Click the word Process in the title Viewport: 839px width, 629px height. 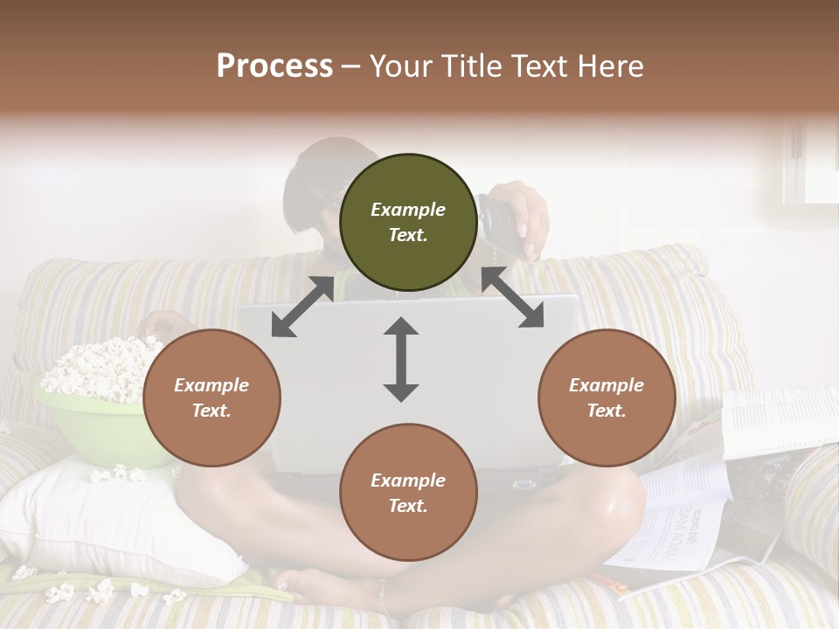(x=274, y=66)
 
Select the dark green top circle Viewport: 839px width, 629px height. (x=408, y=223)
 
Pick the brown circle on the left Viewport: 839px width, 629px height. (x=211, y=398)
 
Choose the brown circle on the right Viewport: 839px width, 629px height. (x=607, y=398)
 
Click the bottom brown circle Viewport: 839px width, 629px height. (x=408, y=493)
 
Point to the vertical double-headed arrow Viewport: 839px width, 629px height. (x=401, y=360)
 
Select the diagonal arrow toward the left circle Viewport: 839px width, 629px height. (x=302, y=307)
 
